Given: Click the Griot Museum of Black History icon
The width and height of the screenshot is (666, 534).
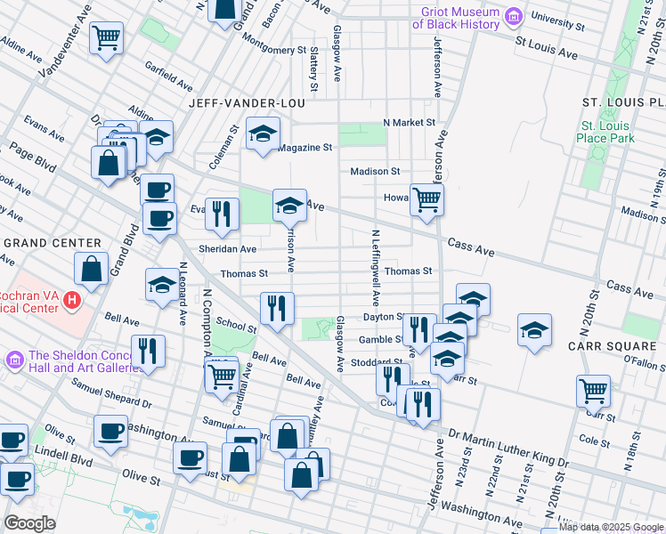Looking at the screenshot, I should pyautogui.click(x=513, y=16).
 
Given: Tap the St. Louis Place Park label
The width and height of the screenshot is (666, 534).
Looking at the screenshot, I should pyautogui.click(x=605, y=132).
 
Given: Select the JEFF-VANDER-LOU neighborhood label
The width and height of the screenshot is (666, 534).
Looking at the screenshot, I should pyautogui.click(x=247, y=103).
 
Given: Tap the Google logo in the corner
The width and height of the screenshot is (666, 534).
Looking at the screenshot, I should pyautogui.click(x=29, y=523).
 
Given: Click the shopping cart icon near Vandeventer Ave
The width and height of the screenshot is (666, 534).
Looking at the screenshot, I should pyautogui.click(x=107, y=37).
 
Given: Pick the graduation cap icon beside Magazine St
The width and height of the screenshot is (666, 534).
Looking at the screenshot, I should pyautogui.click(x=262, y=133).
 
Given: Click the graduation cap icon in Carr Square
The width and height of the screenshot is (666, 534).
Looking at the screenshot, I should pyautogui.click(x=534, y=330).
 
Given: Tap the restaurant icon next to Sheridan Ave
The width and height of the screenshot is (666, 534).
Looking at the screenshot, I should pyautogui.click(x=222, y=213).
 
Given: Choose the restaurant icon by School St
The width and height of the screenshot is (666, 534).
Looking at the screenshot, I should pyautogui.click(x=277, y=307).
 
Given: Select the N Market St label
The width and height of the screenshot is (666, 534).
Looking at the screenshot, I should pyautogui.click(x=409, y=122).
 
